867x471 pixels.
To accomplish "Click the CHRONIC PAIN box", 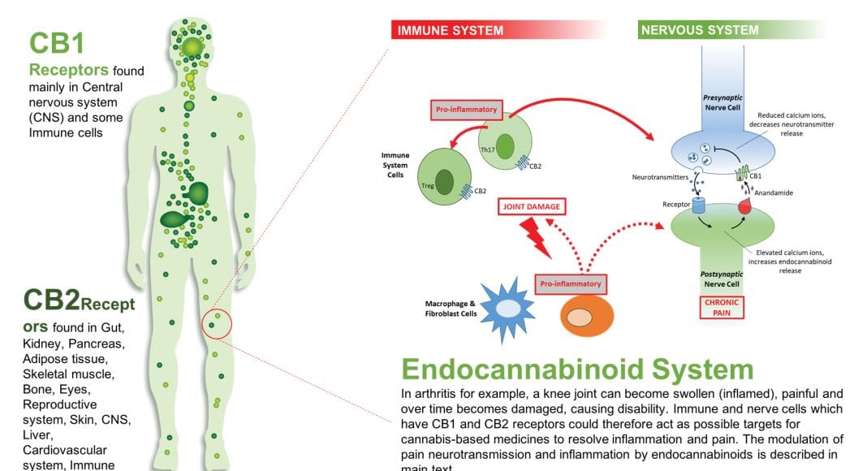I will pos(721,307).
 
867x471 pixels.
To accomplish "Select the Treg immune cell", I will pos(444,178).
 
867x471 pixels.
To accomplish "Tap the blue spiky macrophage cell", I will pos(508,309).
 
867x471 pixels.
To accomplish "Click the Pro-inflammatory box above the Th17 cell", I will pos(466,110).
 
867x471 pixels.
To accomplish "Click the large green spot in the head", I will pos(192,48).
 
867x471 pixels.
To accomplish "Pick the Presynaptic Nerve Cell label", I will pos(718,103).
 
